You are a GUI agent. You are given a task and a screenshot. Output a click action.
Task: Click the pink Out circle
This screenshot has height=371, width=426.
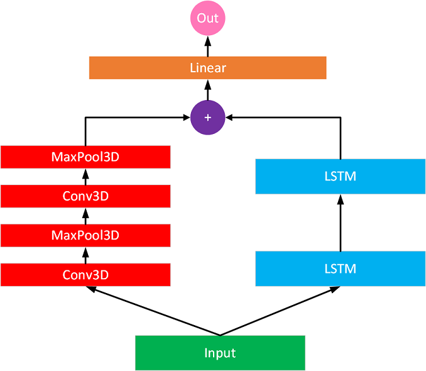click(x=207, y=18)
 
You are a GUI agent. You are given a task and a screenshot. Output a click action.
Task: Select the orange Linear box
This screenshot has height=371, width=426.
click(x=207, y=68)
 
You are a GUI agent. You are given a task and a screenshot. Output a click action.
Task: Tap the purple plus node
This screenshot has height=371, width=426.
click(x=207, y=118)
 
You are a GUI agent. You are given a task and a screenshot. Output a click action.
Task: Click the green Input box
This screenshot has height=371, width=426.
click(x=220, y=353)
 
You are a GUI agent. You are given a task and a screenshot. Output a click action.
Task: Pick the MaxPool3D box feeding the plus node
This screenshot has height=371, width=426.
click(x=85, y=157)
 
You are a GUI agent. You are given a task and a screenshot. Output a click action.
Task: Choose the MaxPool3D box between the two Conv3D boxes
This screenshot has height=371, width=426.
click(x=85, y=235)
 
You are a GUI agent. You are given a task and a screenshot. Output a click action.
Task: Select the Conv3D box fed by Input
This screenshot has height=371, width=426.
click(x=85, y=275)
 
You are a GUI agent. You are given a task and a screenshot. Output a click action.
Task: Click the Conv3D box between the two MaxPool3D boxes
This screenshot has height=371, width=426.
click(x=85, y=196)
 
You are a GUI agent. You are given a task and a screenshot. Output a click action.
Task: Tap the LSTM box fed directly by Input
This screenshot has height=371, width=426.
click(x=341, y=269)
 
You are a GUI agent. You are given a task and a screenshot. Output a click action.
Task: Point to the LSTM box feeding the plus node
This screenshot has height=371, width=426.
click(x=341, y=176)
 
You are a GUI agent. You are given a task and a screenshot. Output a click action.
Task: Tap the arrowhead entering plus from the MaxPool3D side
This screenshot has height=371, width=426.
click(x=186, y=118)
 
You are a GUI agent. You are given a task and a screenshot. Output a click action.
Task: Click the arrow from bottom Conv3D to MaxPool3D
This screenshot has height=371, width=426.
click(x=85, y=255)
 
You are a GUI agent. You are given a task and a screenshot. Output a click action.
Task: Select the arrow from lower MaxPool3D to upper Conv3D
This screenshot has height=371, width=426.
click(x=85, y=216)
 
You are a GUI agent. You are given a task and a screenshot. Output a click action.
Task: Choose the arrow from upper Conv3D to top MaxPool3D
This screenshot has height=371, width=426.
click(x=85, y=177)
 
